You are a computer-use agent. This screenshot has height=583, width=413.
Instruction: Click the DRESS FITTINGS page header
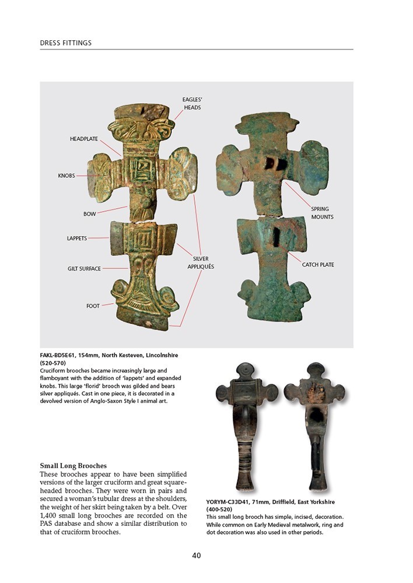coord(65,43)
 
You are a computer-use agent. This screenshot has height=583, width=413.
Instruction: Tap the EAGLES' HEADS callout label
coord(192,104)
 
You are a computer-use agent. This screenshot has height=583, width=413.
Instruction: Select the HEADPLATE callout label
coord(84,139)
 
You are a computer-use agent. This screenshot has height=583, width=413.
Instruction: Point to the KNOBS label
coord(66,175)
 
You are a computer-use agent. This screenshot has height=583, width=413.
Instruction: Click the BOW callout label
coord(89,214)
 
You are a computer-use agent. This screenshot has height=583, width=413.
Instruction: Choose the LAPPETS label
coord(76,238)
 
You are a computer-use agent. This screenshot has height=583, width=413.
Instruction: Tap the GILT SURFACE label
coord(84,268)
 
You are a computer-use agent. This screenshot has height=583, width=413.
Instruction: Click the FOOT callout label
coord(93,305)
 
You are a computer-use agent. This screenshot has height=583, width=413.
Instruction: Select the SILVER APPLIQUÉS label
coord(201,262)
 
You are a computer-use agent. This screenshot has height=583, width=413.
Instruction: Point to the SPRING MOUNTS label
coord(322,213)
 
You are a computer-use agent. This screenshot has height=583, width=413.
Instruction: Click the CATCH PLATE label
coord(318,265)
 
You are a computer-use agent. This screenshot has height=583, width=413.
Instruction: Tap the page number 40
coord(197,555)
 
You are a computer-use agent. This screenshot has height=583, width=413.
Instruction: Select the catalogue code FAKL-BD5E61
coord(61,355)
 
